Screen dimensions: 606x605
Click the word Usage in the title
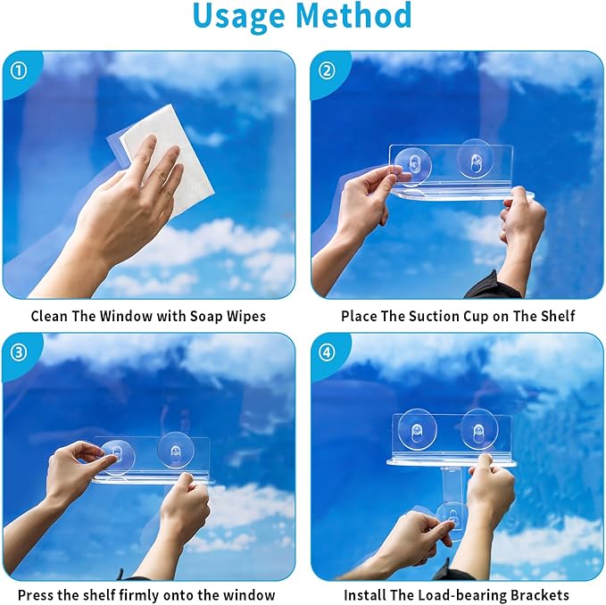click(240, 16)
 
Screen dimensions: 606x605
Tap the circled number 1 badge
click(19, 70)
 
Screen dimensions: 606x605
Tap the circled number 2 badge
click(327, 70)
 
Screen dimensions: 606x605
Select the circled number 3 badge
click(19, 352)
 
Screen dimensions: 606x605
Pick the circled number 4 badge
click(327, 352)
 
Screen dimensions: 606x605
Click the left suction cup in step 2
click(412, 167)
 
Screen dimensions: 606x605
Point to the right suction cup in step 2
click(475, 159)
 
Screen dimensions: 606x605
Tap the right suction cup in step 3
click(176, 450)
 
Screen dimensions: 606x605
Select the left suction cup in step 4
click(417, 429)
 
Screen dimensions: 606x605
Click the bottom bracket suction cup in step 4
click(451, 519)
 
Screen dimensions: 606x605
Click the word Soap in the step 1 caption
click(206, 317)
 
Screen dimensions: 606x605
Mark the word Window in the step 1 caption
click(127, 317)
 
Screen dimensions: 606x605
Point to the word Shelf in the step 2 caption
click(556, 317)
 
